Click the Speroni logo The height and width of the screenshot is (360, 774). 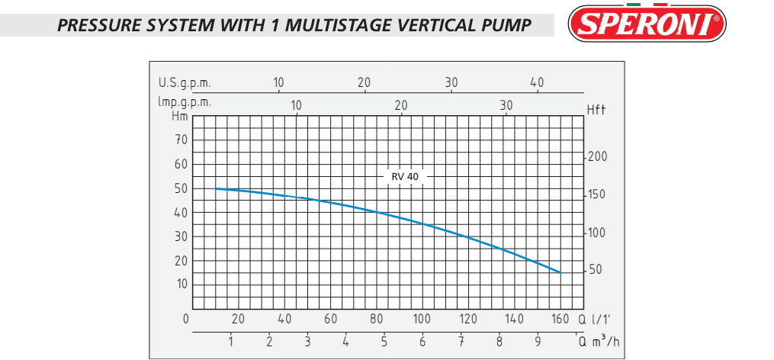[647, 24]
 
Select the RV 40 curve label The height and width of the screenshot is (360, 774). [405, 176]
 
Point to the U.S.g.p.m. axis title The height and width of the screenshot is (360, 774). [185, 82]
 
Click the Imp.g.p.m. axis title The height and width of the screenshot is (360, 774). [185, 101]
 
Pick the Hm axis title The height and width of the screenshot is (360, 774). [180, 117]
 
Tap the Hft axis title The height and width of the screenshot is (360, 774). [596, 111]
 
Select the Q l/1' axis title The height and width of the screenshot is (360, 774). [597, 318]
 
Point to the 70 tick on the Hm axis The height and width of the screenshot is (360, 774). [181, 140]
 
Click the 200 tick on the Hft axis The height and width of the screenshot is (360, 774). [598, 156]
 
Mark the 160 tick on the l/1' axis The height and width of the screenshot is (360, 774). [560, 319]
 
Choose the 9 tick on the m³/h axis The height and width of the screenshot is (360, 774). [538, 341]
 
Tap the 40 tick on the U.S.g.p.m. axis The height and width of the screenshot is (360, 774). [537, 82]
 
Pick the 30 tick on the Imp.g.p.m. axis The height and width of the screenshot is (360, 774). [506, 104]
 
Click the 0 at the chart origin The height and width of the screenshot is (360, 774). [186, 318]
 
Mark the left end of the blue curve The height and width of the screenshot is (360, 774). [216, 188]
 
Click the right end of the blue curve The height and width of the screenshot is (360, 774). [560, 272]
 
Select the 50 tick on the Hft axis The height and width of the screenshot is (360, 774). [596, 270]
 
